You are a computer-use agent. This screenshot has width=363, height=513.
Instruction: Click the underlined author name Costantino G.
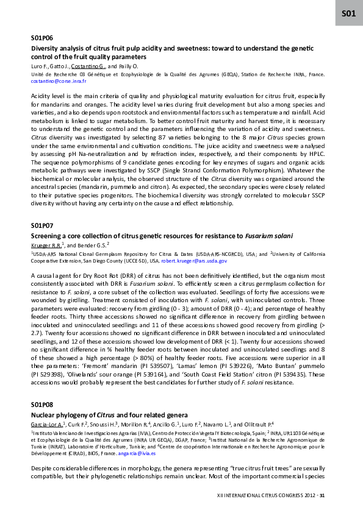88,66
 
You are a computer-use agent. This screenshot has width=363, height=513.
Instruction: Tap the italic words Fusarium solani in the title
270,235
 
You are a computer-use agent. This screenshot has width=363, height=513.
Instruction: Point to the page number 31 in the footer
322,496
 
